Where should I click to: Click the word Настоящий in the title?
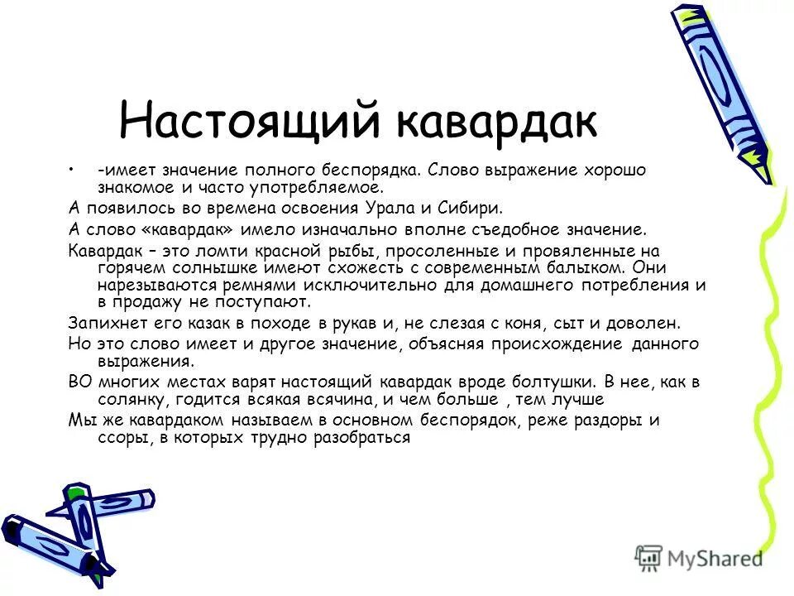251,120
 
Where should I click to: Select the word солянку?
108,400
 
